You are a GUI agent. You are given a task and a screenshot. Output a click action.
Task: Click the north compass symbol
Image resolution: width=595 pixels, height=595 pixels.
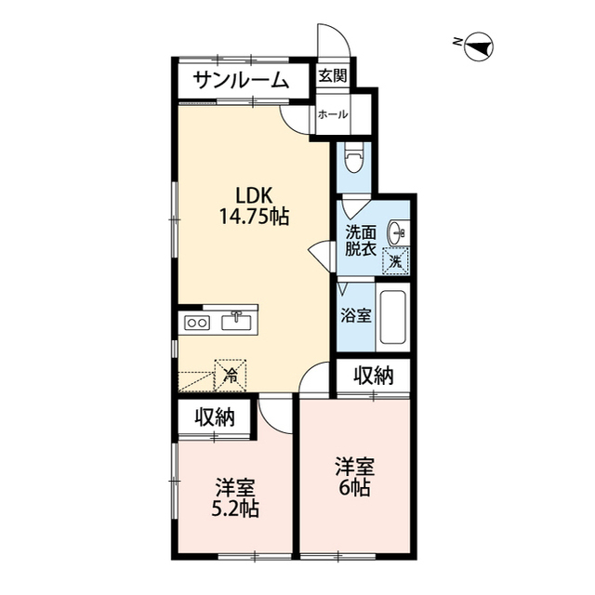coord(479,47)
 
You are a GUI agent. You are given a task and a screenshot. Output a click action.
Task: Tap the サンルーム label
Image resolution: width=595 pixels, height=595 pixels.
coord(242,80)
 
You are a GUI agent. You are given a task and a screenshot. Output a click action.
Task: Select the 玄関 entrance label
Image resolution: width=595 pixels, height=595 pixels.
coord(332,75)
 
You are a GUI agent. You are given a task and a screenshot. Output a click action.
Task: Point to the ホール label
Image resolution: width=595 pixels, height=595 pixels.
coord(333,113)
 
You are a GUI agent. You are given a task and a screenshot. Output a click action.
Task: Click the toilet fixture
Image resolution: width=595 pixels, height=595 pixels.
coord(354,157)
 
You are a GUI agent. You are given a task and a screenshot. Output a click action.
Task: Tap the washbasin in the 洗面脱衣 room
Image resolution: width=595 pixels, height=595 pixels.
coord(397,231)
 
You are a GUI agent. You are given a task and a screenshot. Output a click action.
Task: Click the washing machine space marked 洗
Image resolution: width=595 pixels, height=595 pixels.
coord(395,260)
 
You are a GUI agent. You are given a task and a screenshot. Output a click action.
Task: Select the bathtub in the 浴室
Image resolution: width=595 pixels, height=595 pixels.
coord(392,317)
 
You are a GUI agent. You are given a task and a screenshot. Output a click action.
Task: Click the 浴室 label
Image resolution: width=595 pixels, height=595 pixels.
coord(355,315)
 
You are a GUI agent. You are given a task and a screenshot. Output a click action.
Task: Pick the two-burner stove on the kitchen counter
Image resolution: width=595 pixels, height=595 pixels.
coord(197,323)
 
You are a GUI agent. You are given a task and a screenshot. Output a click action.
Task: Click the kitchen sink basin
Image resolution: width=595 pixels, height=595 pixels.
coord(236,322)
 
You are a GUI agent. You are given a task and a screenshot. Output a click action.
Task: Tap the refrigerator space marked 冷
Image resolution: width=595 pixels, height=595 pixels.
coord(231,375)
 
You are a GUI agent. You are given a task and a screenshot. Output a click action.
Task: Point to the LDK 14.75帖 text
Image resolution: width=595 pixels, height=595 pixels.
coord(254,206)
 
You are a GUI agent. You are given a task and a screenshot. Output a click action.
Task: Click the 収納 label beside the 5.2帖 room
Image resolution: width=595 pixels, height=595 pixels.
coord(215,417)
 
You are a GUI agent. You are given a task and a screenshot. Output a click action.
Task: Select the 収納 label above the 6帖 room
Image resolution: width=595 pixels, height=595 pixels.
coord(374,376)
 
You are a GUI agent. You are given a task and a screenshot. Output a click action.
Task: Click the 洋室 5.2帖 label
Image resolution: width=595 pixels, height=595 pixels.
coord(235,498)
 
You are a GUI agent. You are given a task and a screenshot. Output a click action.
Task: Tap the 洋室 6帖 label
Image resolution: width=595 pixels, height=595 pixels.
coord(355,477)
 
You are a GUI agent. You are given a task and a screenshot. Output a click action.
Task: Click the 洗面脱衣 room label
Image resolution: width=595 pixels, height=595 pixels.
coord(361,241)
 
